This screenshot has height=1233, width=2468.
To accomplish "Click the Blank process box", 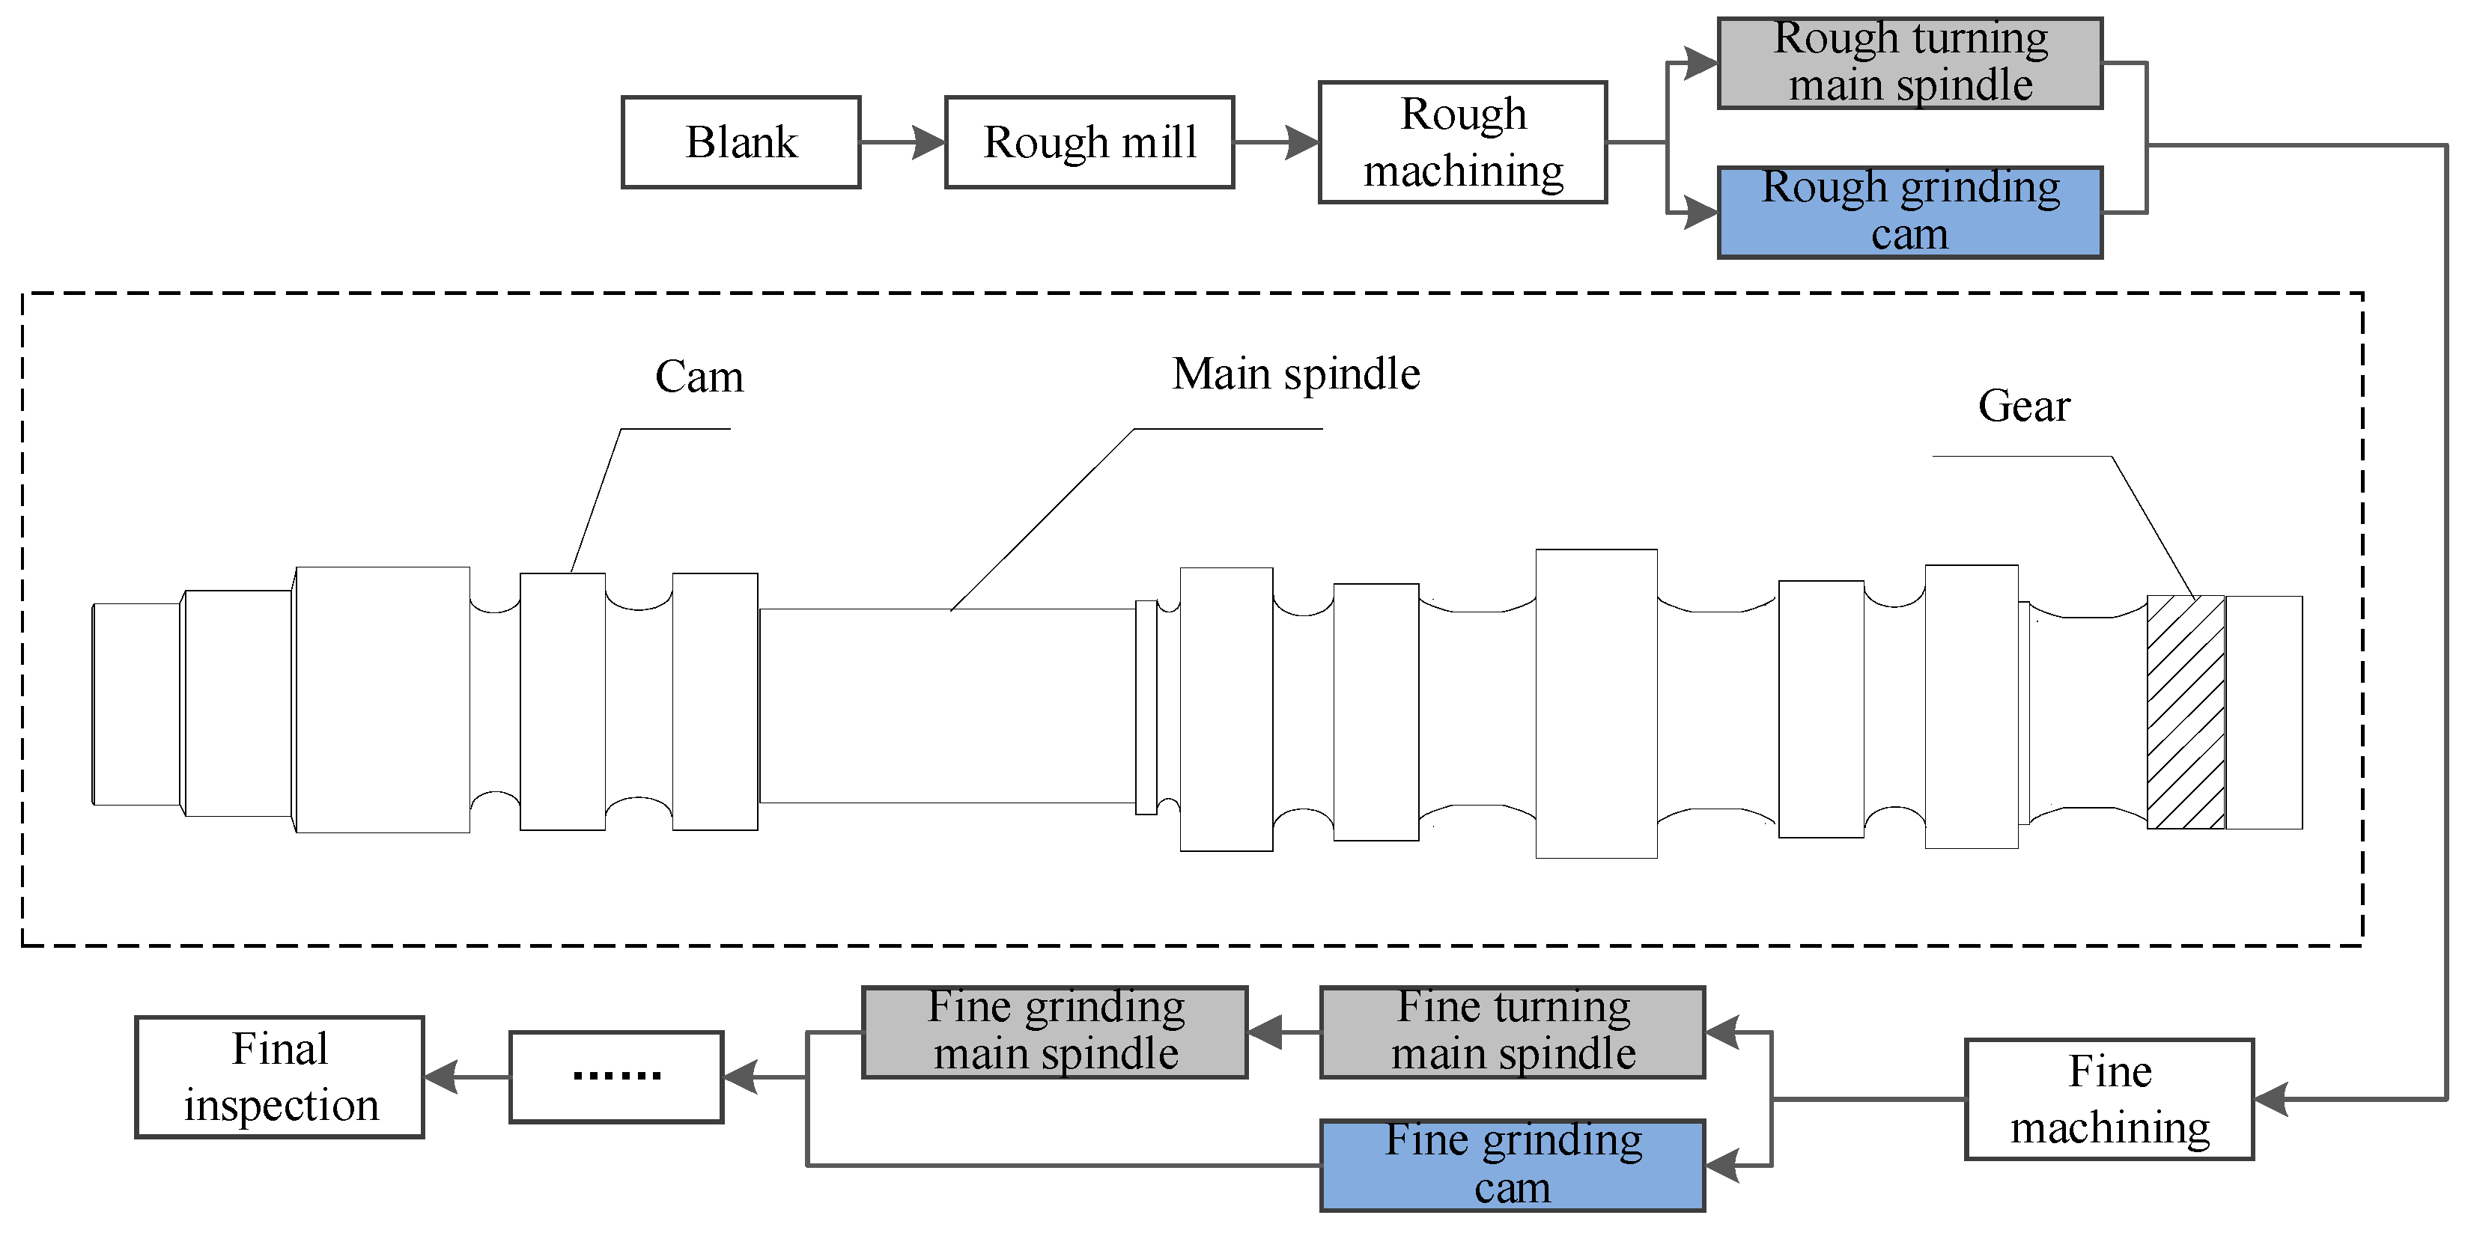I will coord(741,141).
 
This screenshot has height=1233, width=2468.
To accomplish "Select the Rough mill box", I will coord(1089,141).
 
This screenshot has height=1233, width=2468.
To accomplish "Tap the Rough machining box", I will coord(1463,141).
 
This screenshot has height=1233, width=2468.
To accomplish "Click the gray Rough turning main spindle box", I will coord(1909,62).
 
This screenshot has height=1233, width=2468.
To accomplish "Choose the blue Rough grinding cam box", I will coord(1909,212).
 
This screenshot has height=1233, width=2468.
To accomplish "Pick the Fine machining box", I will coord(2109,1099).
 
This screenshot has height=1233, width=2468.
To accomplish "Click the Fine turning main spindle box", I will coord(1512,1032).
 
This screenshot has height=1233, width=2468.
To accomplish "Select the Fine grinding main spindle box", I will coord(1055,1032).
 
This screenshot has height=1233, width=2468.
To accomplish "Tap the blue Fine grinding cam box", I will coord(1512,1165).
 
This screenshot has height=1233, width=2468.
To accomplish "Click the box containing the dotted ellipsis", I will coord(616,1077).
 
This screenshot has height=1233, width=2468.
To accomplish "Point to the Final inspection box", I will coord(280,1077).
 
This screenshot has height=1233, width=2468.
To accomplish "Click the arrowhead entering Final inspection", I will coord(442,1077).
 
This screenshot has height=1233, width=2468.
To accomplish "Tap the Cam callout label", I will coord(699,377).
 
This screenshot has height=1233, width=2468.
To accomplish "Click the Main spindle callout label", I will coord(1296,374).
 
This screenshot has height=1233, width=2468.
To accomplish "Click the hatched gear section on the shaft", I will coord(2186,712).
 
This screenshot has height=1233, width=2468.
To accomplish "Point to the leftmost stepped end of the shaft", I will coord(136,704).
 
